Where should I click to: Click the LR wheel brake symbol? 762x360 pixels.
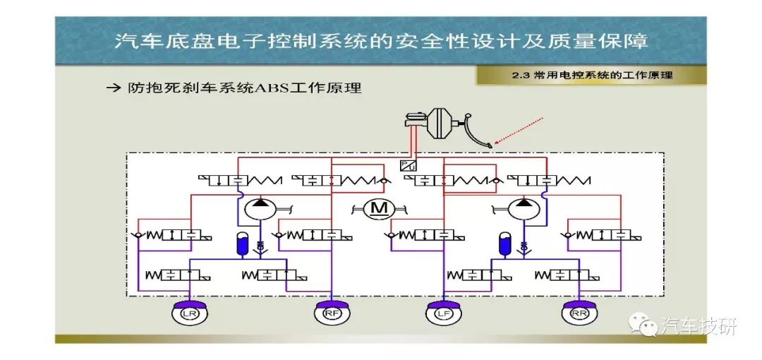tap(190, 312)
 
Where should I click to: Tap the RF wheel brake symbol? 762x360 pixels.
tap(332, 312)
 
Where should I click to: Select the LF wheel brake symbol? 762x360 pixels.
tap(443, 312)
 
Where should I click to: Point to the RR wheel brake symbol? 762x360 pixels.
tap(579, 312)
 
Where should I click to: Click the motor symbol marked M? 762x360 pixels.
tap(379, 209)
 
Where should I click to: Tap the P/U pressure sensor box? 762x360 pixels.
tap(406, 165)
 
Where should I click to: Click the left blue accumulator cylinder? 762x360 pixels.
tap(241, 244)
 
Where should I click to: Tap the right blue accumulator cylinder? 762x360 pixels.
tap(504, 244)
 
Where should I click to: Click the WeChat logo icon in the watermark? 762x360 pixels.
tap(643, 325)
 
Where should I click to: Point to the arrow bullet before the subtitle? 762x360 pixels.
tap(113, 88)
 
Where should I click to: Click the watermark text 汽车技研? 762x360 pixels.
tap(698, 325)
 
